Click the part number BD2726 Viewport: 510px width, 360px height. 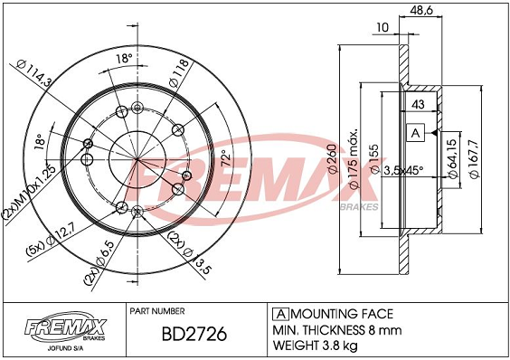pyautogui.click(x=194, y=335)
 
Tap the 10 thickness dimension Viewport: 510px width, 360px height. pyautogui.click(x=382, y=27)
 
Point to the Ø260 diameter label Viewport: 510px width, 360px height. pyautogui.click(x=332, y=158)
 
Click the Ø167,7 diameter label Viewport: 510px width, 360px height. pyautogui.click(x=475, y=159)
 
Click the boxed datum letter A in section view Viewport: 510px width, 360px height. pyautogui.click(x=416, y=133)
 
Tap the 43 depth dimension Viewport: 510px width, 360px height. pyautogui.click(x=418, y=105)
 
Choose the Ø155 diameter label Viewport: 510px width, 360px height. pyautogui.click(x=375, y=159)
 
